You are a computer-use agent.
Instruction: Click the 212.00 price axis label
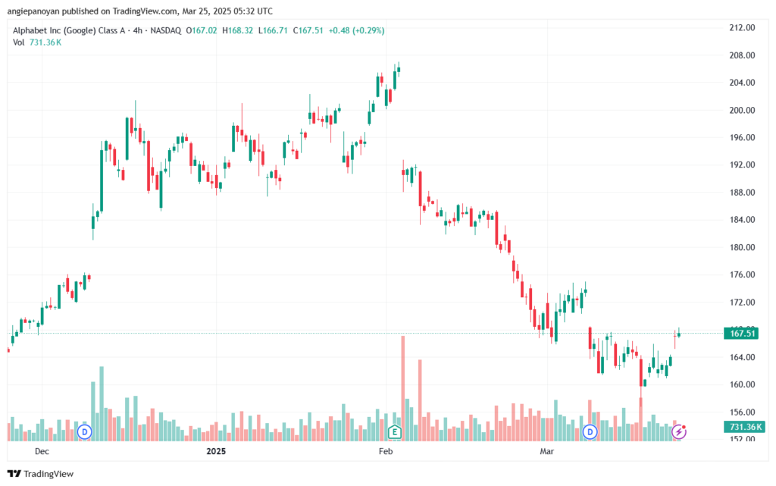(742, 28)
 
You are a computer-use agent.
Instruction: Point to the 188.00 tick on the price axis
(742, 193)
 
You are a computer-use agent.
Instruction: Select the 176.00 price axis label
(742, 274)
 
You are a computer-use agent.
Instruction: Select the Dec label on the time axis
(42, 451)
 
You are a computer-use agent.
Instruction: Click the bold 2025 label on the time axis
(216, 451)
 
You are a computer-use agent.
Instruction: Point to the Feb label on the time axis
(386, 451)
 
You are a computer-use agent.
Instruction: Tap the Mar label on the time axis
(547, 451)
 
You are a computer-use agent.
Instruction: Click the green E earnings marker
(394, 432)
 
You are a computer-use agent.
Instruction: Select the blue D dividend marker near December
(85, 432)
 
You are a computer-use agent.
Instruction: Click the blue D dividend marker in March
(590, 432)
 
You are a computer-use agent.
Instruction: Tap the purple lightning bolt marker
(678, 432)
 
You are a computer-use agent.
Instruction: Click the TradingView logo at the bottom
(41, 474)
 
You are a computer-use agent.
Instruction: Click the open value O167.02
(202, 30)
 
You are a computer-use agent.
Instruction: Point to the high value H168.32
(237, 30)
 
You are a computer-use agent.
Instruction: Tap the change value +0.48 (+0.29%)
(356, 30)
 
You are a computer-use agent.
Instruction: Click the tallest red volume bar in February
(403, 388)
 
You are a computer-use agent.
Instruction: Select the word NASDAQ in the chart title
(166, 30)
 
